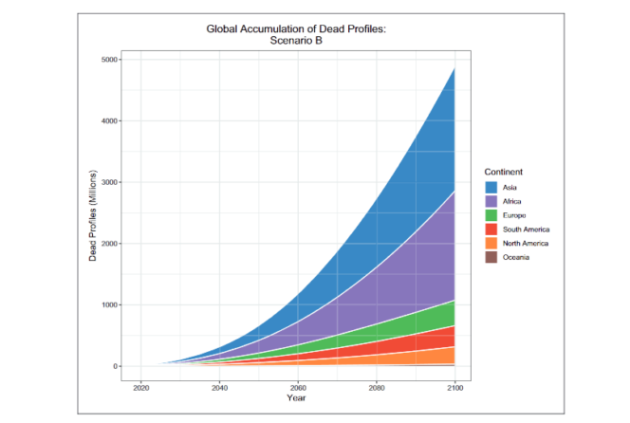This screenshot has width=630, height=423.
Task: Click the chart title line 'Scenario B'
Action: click(296, 42)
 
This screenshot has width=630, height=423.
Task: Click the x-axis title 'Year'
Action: click(296, 397)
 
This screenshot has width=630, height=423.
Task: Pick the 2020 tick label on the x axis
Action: click(140, 387)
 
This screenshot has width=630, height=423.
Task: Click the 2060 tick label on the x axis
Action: click(298, 387)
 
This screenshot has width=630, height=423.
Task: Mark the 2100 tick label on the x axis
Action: click(454, 387)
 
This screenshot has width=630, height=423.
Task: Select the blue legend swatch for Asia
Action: click(491, 188)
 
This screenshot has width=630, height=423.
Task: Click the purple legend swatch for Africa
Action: click(491, 202)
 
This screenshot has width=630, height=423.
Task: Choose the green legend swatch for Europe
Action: click(491, 216)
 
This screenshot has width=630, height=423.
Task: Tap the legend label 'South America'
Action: click(528, 230)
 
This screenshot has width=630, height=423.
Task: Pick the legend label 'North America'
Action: click(528, 244)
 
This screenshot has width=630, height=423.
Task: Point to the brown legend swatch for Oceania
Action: click(491, 258)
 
